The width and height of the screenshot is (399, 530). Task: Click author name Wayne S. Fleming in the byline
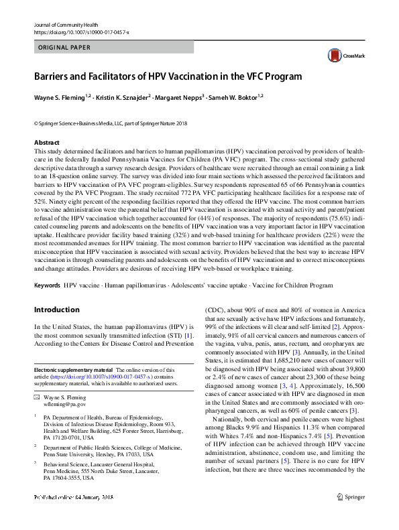[60, 97]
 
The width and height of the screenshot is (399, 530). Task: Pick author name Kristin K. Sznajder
[121, 97]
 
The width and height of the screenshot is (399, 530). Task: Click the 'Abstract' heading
[46, 143]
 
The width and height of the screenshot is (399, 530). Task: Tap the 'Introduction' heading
[56, 310]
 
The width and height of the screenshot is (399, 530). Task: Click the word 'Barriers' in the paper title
[56, 76]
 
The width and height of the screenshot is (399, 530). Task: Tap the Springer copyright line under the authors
[111, 124]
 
